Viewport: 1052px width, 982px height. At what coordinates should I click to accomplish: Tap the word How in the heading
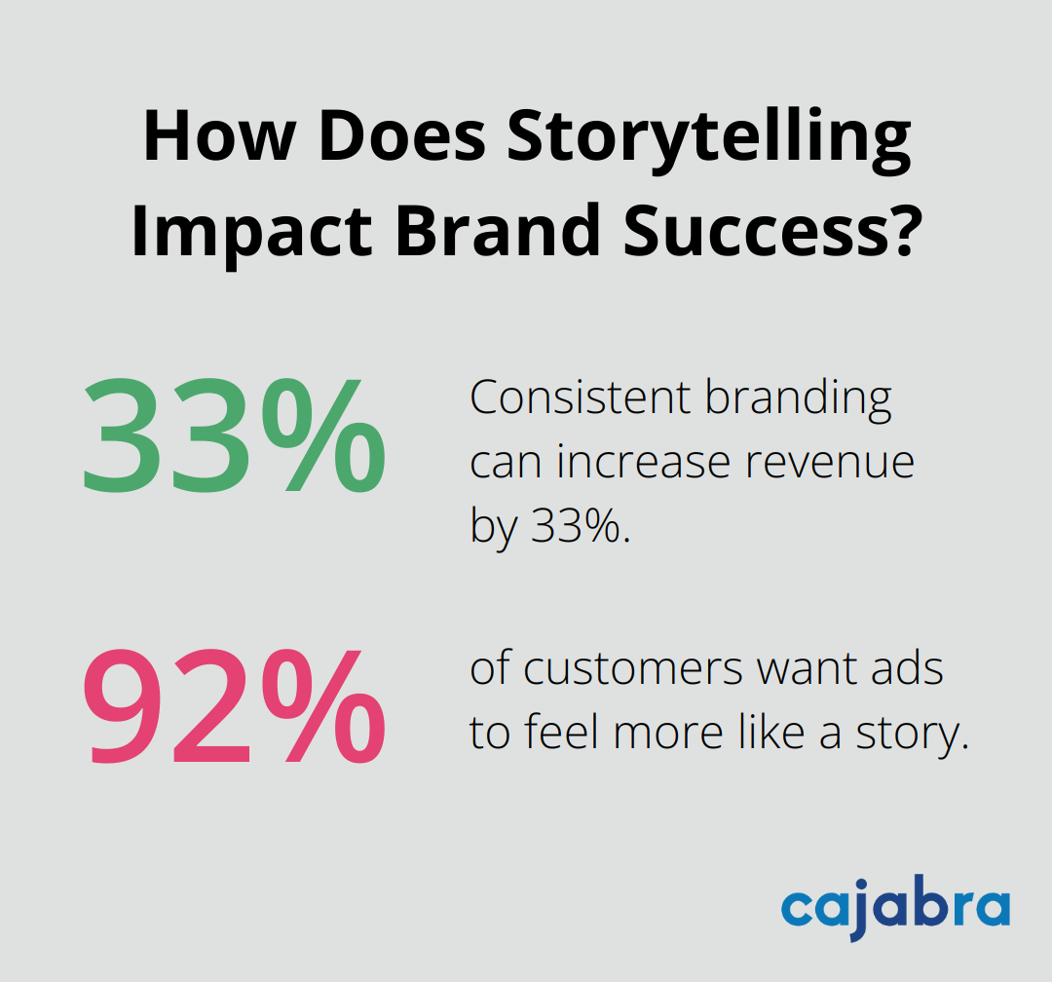click(207, 138)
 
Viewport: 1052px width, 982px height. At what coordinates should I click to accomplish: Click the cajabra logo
click(895, 909)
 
